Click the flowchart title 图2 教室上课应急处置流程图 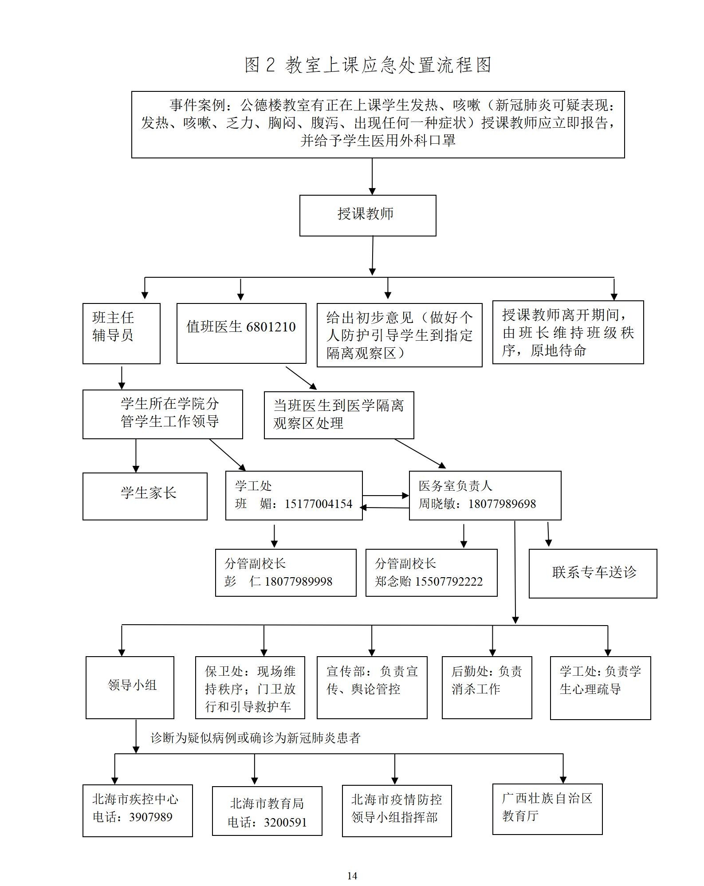point(368,65)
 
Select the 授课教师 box point(367,215)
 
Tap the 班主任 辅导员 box point(121,333)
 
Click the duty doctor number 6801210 point(271,327)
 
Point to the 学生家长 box point(145,496)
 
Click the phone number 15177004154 point(319,504)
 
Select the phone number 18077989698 point(502,504)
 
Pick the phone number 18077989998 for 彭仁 point(298,582)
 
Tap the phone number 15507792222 point(448,582)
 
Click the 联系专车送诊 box point(593,573)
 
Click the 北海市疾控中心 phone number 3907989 point(150,817)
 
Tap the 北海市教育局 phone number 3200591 point(285,823)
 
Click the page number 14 point(352,876)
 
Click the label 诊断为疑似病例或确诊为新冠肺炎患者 point(255,738)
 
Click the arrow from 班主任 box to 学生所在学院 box point(122,377)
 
